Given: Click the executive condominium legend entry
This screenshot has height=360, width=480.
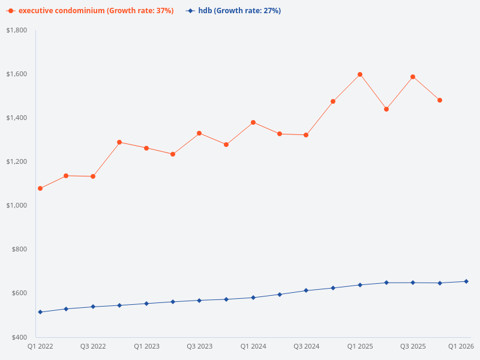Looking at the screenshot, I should [90, 11].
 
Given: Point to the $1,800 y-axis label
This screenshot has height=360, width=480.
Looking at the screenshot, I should [17, 30].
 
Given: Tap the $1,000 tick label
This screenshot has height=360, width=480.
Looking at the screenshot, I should [17, 205].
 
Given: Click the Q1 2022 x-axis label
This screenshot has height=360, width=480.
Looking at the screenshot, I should [40, 346].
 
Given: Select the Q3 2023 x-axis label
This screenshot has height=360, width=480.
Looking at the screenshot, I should [199, 346].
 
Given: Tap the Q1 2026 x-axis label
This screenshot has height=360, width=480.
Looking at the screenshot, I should [461, 346].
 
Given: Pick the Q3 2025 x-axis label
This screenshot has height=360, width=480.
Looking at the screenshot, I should [413, 346].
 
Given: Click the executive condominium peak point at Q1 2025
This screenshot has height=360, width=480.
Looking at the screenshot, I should [360, 74].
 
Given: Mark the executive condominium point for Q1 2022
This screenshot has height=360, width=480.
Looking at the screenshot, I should [40, 188].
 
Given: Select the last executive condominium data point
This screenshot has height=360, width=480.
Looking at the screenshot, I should [440, 100].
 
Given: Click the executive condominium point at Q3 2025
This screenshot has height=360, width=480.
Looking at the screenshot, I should [413, 77].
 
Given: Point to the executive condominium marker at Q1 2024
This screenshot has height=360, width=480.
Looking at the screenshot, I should [253, 122].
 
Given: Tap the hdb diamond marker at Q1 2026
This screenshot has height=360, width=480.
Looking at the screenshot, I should [466, 281].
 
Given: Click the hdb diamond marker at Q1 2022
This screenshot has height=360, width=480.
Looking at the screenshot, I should [40, 312].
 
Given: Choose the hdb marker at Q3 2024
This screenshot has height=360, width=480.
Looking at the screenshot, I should [306, 290].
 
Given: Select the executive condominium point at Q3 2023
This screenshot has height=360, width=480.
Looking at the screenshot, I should [199, 133].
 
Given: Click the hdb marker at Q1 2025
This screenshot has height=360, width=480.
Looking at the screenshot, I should [360, 285].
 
